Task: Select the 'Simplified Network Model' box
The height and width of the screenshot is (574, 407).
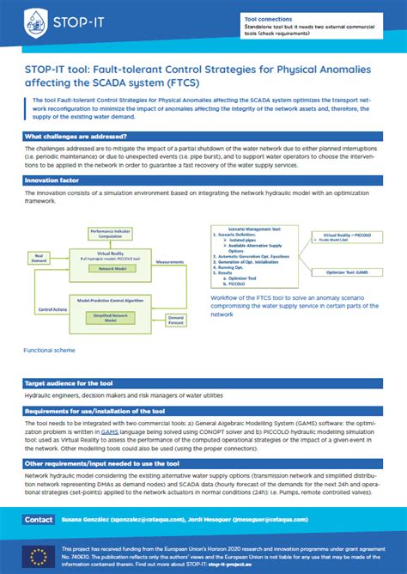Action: (x=110, y=317)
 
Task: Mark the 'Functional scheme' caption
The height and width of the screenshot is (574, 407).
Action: (x=49, y=351)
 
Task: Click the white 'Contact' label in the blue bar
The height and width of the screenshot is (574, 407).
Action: (x=38, y=520)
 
